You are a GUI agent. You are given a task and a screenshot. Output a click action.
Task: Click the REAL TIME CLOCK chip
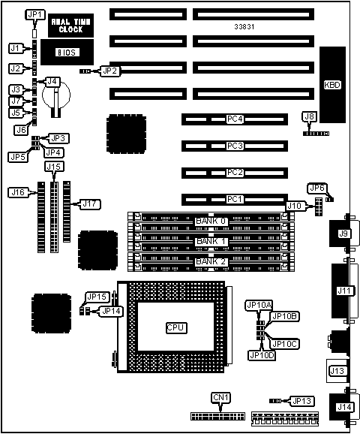pos(70,26)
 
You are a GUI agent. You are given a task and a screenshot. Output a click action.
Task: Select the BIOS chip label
pos(67,53)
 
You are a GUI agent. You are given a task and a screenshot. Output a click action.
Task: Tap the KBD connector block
pos(332,85)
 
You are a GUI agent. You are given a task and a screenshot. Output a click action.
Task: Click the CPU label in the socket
pos(176,327)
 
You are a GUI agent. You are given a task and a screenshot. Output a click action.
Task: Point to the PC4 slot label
pos(235,119)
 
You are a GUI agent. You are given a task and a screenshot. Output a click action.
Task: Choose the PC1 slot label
pos(235,199)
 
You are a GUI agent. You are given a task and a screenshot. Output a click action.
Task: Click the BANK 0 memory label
pos(211,222)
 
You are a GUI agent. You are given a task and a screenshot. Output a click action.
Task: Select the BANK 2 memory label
pos(211,261)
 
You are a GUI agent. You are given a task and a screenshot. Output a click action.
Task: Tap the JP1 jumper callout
pos(35,15)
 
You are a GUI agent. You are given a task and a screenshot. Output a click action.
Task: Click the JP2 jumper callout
pos(110,71)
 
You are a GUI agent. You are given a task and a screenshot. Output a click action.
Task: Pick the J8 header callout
pos(310,116)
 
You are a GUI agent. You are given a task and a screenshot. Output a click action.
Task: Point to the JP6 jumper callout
pos(317,188)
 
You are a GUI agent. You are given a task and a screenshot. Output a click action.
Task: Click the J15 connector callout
pos(54,167)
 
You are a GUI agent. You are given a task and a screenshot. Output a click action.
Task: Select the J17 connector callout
pos(90,204)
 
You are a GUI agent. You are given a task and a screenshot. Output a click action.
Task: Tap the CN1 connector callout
pos(221,397)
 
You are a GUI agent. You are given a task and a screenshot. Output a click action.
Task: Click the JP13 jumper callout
pos(302,401)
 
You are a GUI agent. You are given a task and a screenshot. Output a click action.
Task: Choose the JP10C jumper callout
pos(285,344)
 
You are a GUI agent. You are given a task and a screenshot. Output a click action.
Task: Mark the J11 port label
pos(344,291)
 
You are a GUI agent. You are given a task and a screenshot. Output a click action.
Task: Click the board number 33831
pos(244,27)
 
